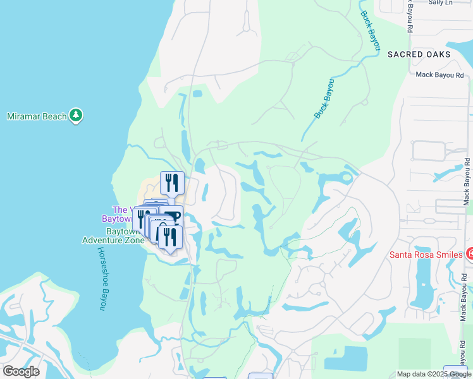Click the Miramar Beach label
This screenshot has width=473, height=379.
[35, 116]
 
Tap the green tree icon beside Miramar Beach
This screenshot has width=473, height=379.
[77, 116]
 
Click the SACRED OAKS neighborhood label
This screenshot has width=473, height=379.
[419, 54]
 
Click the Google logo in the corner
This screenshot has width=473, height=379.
[20, 371]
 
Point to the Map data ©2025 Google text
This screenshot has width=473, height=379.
[434, 374]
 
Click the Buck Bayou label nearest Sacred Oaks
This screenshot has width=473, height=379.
[371, 31]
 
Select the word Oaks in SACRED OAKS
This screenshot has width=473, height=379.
[437, 54]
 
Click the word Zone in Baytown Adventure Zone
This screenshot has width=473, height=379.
[133, 240]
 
